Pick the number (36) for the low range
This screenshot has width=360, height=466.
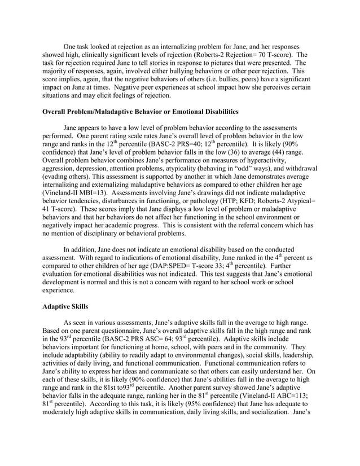click(x=238, y=154)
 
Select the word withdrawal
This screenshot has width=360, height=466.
click(x=296, y=171)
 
